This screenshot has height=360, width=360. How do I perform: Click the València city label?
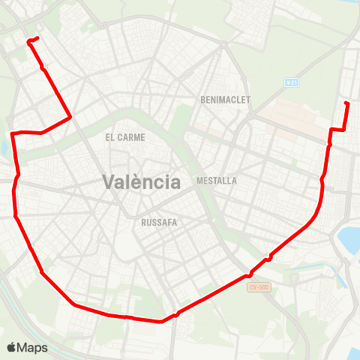pos(141,181)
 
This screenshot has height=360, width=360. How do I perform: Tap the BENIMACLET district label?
pos(226,100)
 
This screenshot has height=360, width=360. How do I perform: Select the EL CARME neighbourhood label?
pos(125,137)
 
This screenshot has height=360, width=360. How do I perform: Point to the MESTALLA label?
pos(216,181)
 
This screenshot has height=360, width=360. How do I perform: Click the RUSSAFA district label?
pos(158,222)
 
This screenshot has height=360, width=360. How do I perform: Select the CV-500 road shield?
pos(259,286)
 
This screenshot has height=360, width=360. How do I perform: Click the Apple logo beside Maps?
pos(11,347)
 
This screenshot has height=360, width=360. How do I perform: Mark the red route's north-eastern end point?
pos(346,103)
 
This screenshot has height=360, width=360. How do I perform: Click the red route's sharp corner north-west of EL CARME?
pos(70,117)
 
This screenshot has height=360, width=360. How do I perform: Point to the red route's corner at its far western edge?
pos(12,134)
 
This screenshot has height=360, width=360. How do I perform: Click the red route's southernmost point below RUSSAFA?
pos(161,322)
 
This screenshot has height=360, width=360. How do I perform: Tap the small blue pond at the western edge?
pos(3,147)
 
